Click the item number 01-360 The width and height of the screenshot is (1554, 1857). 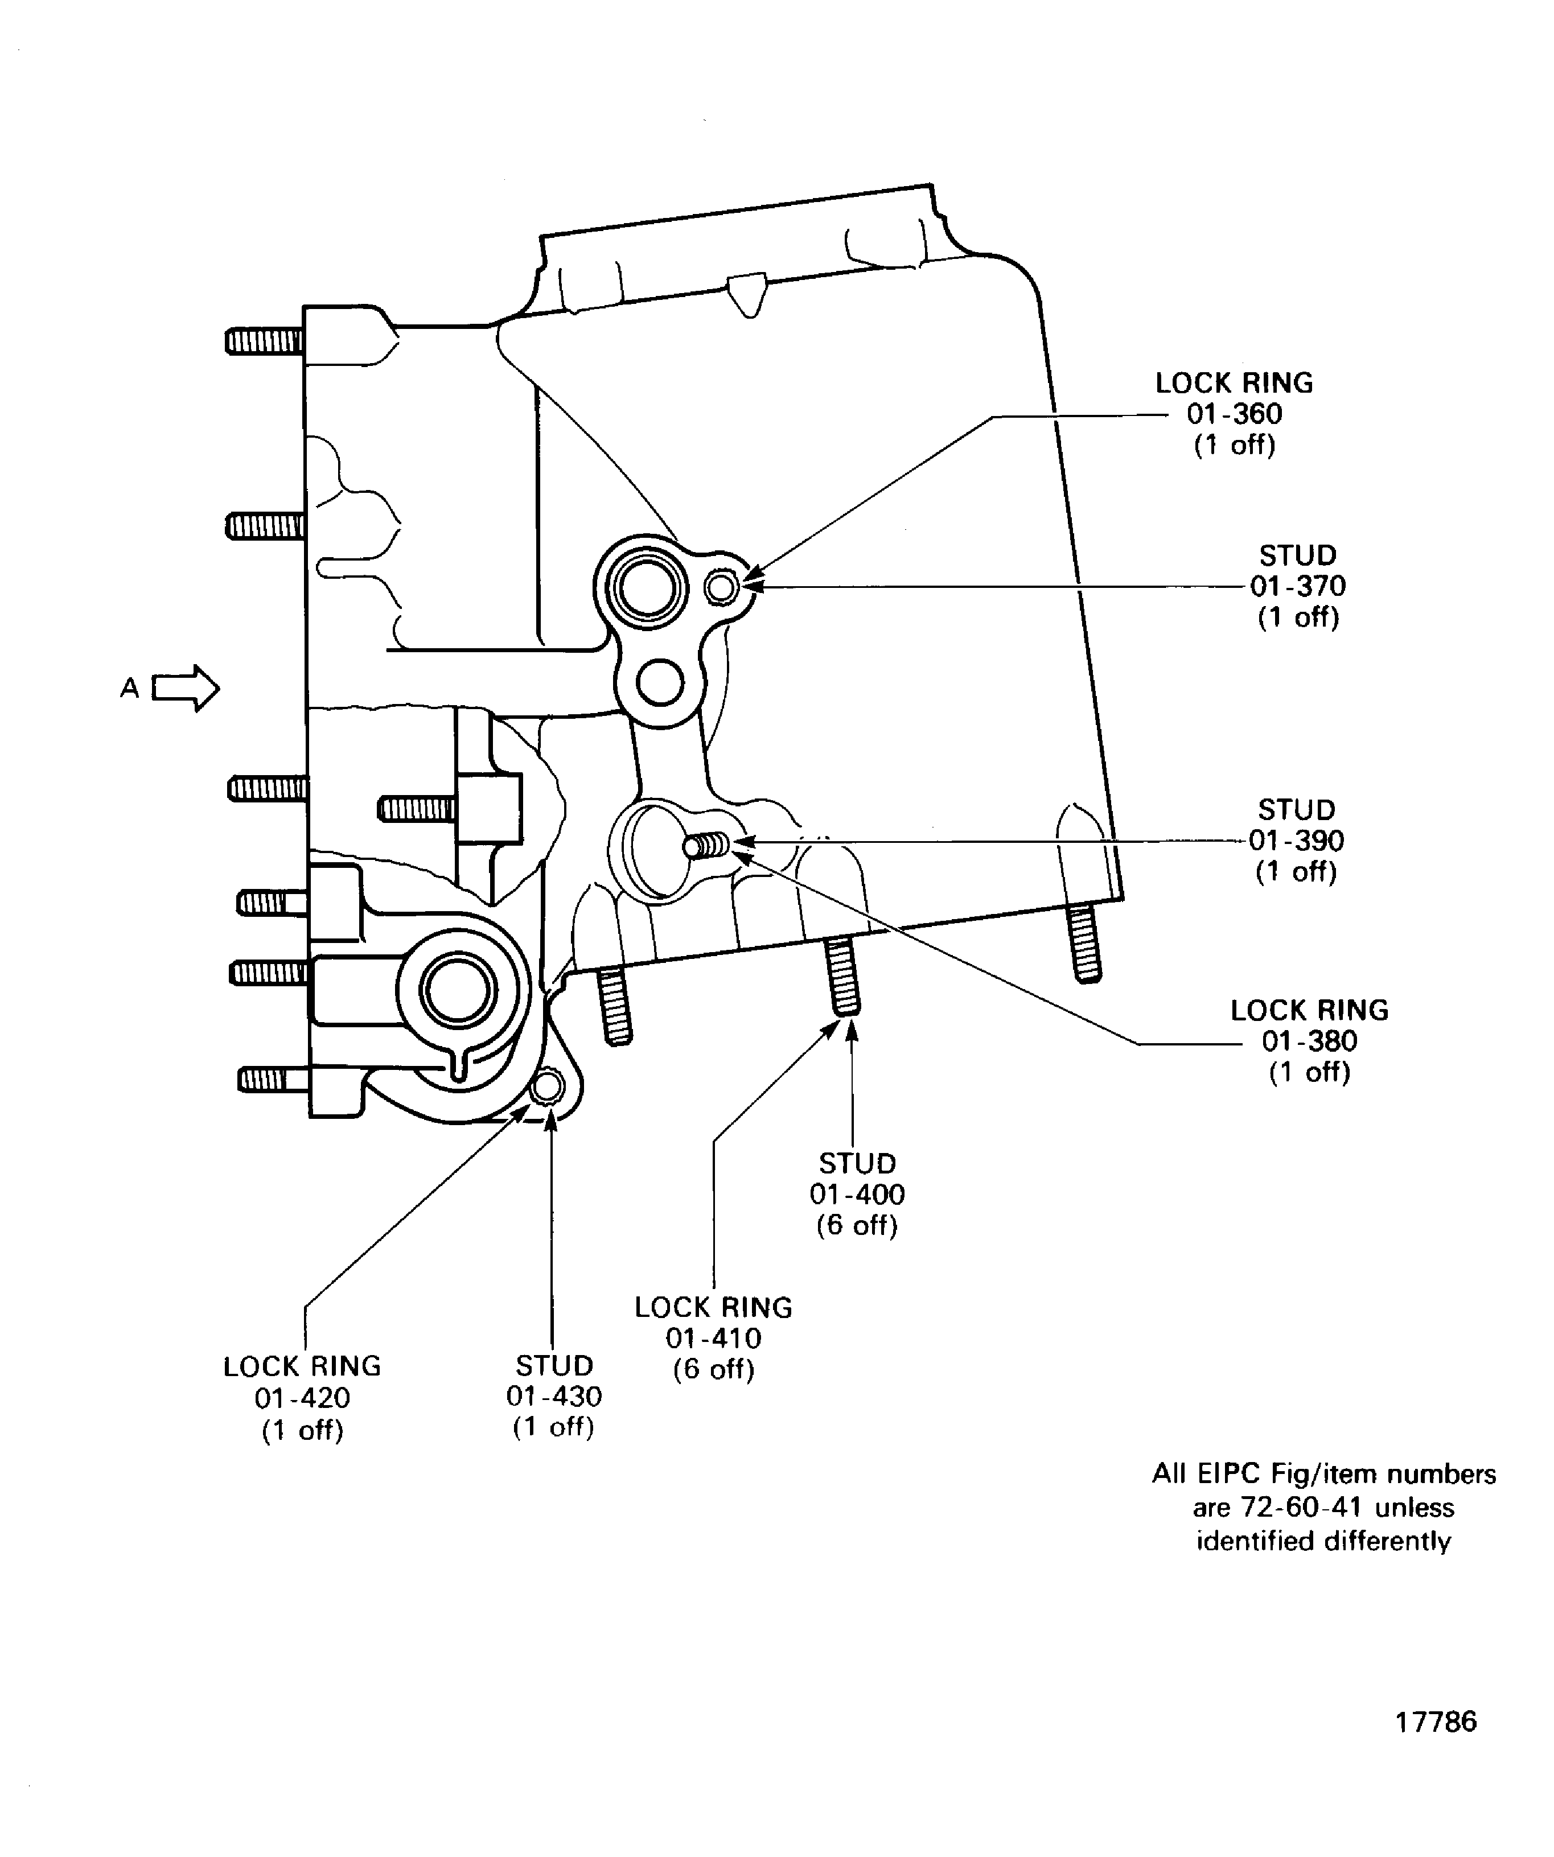[1234, 414]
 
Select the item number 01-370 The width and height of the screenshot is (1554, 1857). [1297, 586]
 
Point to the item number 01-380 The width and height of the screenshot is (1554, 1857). [1309, 1041]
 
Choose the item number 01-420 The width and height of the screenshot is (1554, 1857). [302, 1398]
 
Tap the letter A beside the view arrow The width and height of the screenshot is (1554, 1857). [129, 688]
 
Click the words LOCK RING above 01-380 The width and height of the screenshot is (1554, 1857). [1309, 1010]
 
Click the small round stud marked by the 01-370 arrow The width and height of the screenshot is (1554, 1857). [722, 586]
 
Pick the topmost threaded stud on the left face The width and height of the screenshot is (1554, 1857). [264, 340]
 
